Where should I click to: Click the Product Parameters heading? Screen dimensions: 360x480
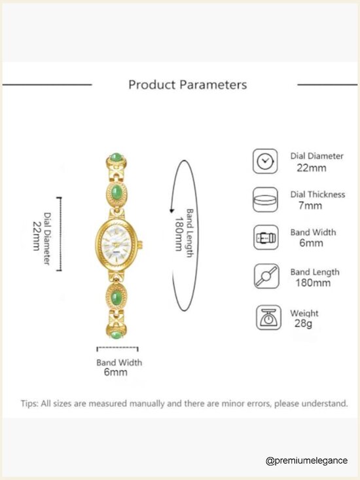187,84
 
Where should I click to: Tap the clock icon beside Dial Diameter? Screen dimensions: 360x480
265,161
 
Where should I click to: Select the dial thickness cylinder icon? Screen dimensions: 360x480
266,200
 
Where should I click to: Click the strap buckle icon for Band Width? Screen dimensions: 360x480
266,238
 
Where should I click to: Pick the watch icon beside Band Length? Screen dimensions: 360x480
266,276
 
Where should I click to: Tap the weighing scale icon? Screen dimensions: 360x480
268,318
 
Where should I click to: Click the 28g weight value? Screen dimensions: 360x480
303,323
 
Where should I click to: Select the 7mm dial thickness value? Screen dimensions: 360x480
310,206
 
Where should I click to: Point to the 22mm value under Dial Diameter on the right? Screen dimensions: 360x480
312,168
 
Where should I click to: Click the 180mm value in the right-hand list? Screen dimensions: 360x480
313,282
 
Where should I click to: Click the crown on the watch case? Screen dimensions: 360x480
140,245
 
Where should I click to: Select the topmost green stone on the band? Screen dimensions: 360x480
116,157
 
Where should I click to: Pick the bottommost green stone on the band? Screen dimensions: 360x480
117,334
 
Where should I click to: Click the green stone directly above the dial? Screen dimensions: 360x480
117,192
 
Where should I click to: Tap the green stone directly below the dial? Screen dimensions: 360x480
117,297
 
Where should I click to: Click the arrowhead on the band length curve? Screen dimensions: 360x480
171,211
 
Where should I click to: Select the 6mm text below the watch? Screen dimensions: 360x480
115,372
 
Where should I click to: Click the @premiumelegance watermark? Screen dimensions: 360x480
306,461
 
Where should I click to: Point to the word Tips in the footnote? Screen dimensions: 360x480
29,403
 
